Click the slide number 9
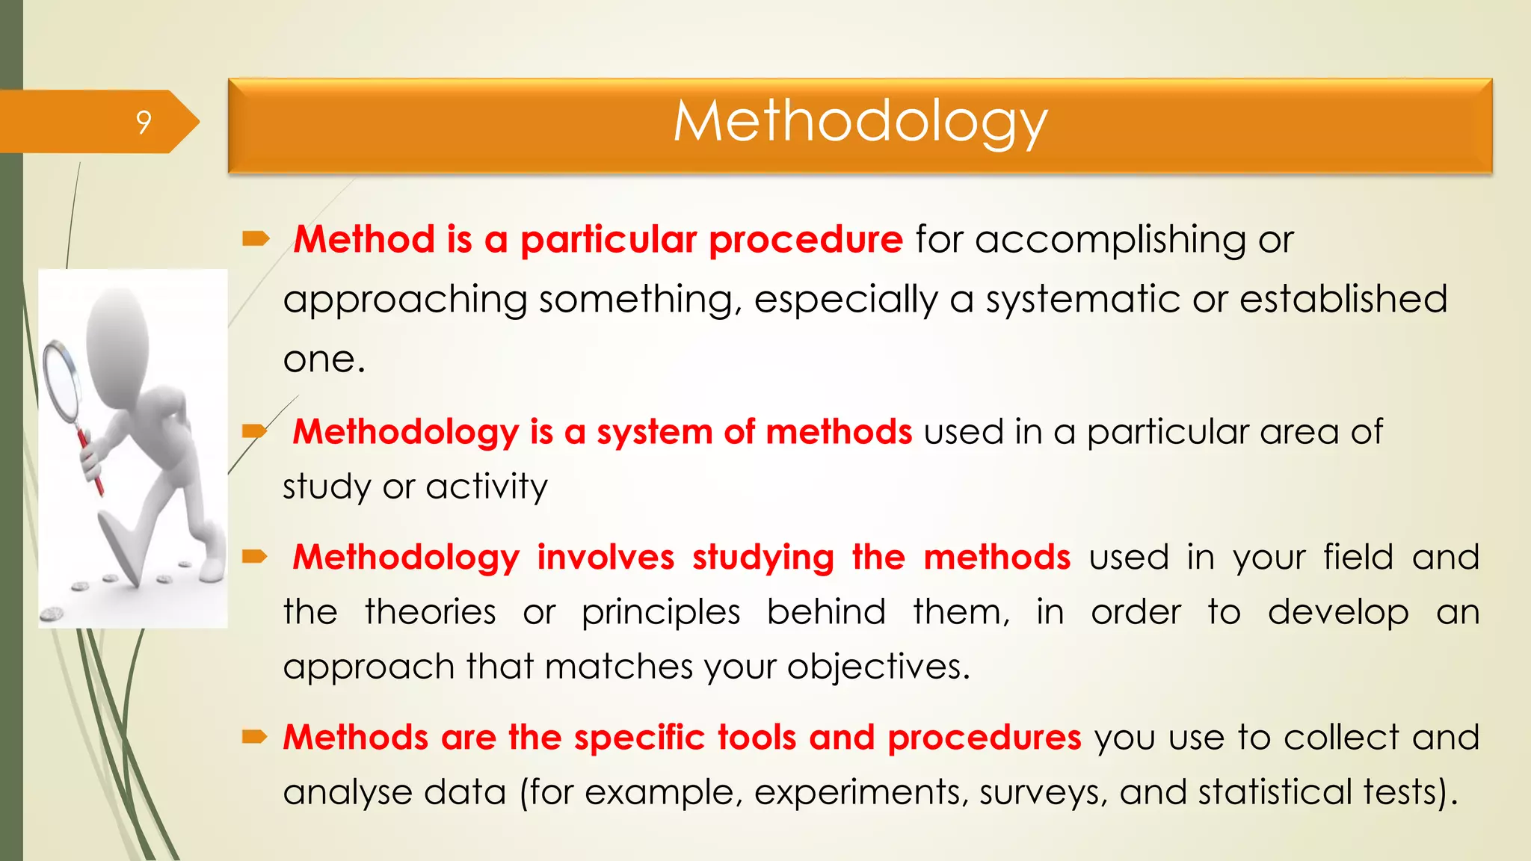[144, 122]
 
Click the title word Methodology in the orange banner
[860, 122]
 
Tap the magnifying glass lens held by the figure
[62, 381]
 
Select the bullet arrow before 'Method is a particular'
[255, 239]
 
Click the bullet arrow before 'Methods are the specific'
[254, 738]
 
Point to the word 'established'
[1343, 299]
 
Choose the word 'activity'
[487, 487]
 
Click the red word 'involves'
[606, 558]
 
